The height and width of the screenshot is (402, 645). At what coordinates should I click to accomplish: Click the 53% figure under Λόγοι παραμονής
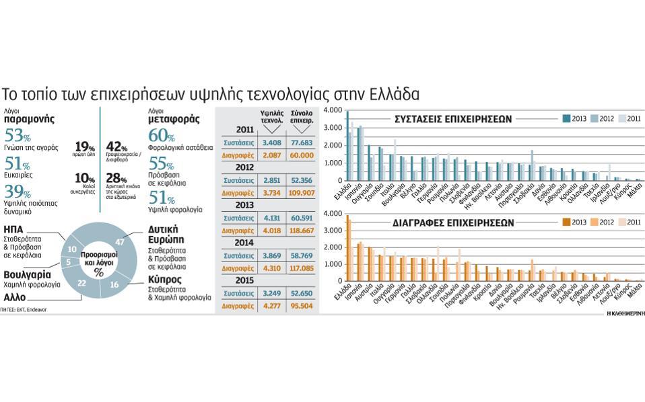coord(18,134)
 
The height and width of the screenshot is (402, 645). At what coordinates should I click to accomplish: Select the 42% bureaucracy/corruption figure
coord(117,147)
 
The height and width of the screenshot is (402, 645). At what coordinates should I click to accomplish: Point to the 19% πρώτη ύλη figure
coord(85,147)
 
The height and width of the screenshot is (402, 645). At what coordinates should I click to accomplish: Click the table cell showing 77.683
coord(300,143)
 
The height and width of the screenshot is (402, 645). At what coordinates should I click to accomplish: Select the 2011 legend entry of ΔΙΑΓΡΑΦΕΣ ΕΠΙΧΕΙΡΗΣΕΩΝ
coord(629,222)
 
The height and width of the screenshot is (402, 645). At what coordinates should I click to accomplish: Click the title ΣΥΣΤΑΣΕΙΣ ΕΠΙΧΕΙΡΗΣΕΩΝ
coord(453,119)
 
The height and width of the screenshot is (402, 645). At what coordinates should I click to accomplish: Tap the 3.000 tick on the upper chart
coord(333,128)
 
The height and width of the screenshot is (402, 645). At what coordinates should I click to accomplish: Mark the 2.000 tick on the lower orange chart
coord(333,247)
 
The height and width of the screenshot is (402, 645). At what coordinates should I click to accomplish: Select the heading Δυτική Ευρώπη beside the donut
coord(168,235)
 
